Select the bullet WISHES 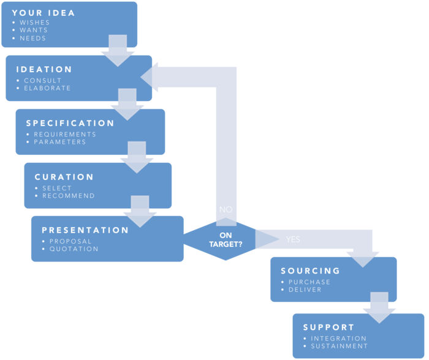(34, 23)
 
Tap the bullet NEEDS (32, 38)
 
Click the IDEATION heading (44, 70)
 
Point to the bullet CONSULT (43, 80)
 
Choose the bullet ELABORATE (47, 88)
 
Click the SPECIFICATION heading (70, 123)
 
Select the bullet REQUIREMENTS (65, 134)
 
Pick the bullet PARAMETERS (60, 142)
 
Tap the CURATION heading (64, 177)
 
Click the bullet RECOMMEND (69, 196)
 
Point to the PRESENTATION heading (85, 230)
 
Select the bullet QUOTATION (74, 249)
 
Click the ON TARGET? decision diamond (226, 239)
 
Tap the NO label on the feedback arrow (226, 209)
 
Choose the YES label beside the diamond (293, 239)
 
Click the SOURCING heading (310, 271)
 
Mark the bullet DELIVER (305, 290)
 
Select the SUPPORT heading (328, 328)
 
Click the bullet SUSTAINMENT (340, 346)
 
